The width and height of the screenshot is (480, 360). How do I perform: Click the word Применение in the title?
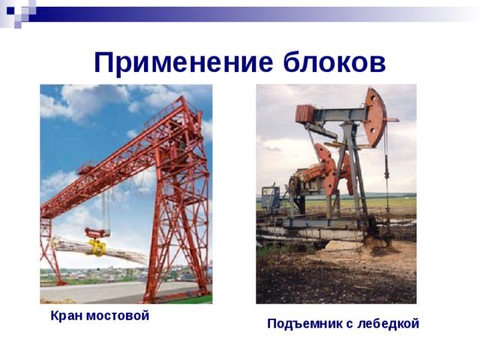click(x=183, y=63)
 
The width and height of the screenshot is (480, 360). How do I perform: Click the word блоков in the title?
click(x=334, y=61)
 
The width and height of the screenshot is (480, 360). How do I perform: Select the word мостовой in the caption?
click(x=118, y=316)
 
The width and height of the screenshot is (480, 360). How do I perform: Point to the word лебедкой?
click(x=388, y=323)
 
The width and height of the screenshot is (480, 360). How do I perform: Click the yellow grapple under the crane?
click(x=97, y=247)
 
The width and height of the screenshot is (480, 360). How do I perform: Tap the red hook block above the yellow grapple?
click(x=97, y=233)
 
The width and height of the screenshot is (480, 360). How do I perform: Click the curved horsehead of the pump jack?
click(x=375, y=117)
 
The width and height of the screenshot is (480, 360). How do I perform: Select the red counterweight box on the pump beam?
click(x=304, y=113)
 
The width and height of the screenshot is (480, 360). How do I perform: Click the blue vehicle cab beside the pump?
click(x=270, y=198)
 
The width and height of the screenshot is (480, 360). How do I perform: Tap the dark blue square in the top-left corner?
click(x=10, y=11)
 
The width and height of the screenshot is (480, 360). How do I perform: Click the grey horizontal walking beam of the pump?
click(x=340, y=115)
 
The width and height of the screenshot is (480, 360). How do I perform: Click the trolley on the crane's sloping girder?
click(x=87, y=168)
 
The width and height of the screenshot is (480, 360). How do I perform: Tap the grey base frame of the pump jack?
click(x=322, y=223)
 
